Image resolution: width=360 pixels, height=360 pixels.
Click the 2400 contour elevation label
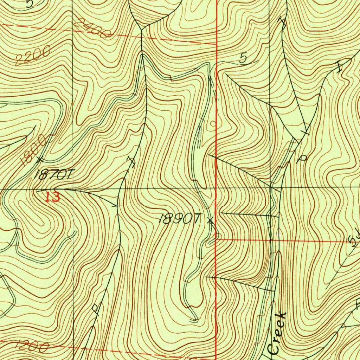click(x=93, y=29)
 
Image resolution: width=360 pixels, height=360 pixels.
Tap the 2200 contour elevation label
click(x=33, y=56)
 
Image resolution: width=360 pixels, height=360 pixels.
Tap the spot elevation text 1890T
click(x=179, y=219)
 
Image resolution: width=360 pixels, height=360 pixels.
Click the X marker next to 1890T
click(x=210, y=221)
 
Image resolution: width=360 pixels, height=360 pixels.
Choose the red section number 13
click(x=53, y=197)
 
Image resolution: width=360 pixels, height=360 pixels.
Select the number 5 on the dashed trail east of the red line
click(x=243, y=59)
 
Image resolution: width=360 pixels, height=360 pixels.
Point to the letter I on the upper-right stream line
click(x=340, y=67)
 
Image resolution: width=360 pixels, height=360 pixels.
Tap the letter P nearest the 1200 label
click(x=95, y=309)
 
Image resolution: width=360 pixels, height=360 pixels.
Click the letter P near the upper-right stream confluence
click(x=302, y=159)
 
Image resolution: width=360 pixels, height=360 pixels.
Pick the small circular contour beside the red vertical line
click(x=212, y=124)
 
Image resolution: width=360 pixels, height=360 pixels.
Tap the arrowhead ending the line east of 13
click(x=117, y=205)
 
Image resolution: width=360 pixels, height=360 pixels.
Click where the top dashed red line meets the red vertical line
click(x=216, y=44)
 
